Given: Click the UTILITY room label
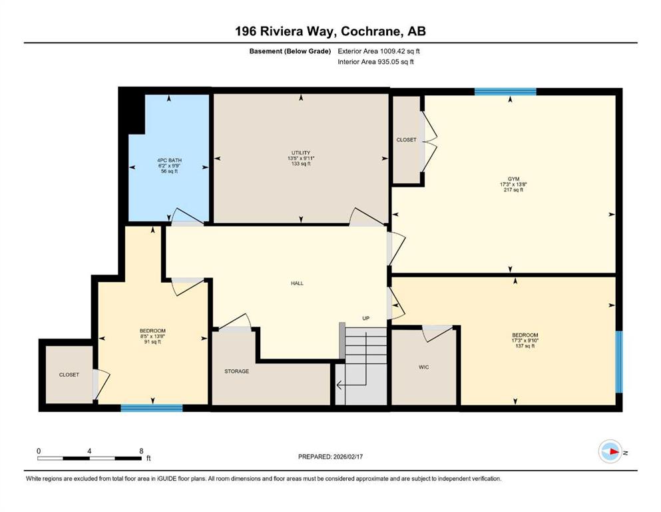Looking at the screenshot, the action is (301, 153).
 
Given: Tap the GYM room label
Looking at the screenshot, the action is (513, 179).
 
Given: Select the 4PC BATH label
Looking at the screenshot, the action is (169, 161).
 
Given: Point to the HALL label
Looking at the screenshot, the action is (297, 283).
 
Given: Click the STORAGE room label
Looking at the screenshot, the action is (236, 371).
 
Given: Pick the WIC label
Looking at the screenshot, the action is (423, 367).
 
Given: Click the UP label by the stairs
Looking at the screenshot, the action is (366, 318).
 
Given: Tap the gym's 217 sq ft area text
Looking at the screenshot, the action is (513, 190).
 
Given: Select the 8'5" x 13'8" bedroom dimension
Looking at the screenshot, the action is (152, 337).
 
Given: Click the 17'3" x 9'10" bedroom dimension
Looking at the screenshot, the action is (525, 340).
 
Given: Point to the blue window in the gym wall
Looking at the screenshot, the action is (505, 91).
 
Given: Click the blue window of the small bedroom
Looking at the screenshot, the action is (152, 408).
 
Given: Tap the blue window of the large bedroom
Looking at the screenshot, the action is (619, 362).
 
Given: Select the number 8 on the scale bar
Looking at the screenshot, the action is (141, 451).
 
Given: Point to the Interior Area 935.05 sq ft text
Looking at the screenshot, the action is (375, 61).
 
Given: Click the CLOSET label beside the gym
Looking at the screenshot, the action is (406, 140).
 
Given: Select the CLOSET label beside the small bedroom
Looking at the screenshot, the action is (69, 375).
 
